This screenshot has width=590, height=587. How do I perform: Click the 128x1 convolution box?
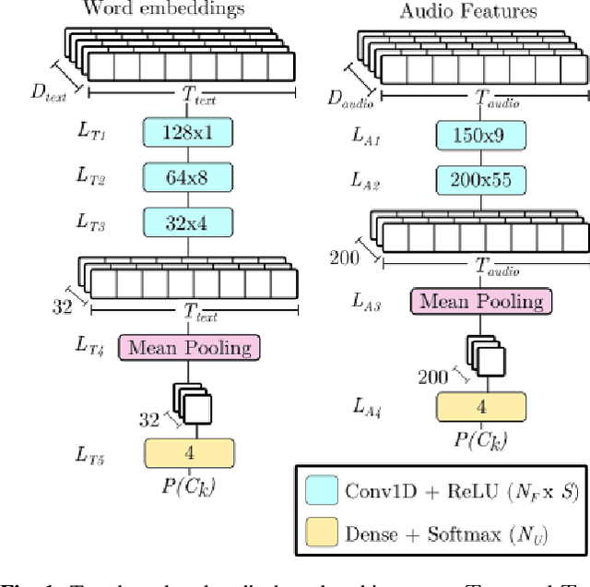pyautogui.click(x=189, y=133)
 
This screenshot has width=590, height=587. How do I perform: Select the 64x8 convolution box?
pyautogui.click(x=189, y=177)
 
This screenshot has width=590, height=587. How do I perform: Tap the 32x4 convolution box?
pyautogui.click(x=189, y=222)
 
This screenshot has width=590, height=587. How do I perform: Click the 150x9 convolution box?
pyautogui.click(x=480, y=136)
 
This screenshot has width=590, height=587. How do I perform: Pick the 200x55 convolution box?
pyautogui.click(x=480, y=179)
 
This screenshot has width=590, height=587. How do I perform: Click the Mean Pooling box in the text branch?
pyautogui.click(x=189, y=347)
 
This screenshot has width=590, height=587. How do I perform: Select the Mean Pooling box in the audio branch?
pyautogui.click(x=480, y=301)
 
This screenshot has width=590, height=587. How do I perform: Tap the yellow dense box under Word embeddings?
pyautogui.click(x=189, y=453)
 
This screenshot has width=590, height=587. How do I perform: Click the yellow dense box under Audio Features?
pyautogui.click(x=480, y=407)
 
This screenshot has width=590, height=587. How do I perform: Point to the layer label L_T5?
pyautogui.click(x=92, y=455)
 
